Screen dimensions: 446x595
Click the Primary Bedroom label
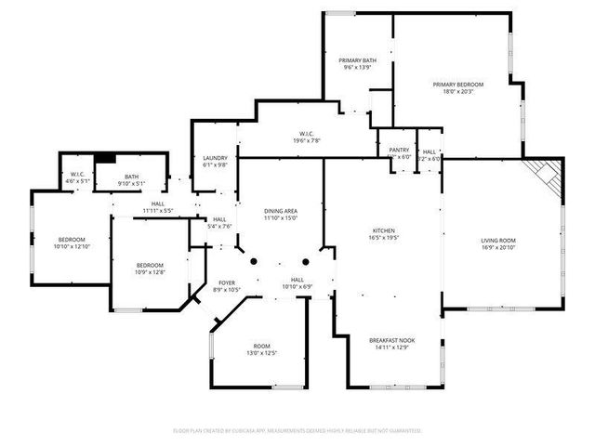tap(454, 86)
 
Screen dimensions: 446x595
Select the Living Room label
tap(498, 244)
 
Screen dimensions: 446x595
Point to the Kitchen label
tap(384, 233)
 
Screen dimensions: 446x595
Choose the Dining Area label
tap(280, 214)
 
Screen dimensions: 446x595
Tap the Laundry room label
tap(215, 162)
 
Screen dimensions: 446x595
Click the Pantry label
tap(400, 153)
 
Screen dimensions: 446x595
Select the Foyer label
tap(227, 285)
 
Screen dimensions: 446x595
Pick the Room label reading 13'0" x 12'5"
tap(261, 349)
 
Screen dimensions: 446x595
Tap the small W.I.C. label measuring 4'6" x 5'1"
tap(77, 178)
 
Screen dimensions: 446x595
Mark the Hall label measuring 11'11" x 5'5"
tap(158, 207)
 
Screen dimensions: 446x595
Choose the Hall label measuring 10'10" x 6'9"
tap(297, 282)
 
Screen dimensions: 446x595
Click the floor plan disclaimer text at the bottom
tap(297, 430)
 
